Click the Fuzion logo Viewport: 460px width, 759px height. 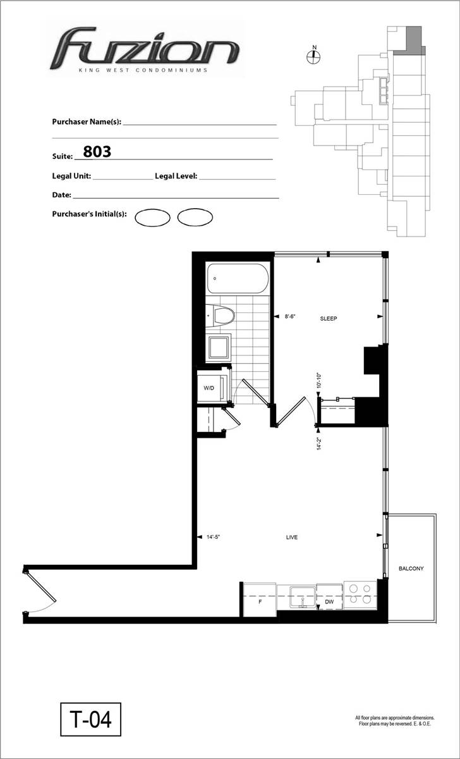click(x=145, y=49)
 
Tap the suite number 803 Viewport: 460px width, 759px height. click(x=97, y=151)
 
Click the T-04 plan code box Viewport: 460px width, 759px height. click(x=91, y=719)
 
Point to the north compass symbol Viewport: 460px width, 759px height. click(x=314, y=56)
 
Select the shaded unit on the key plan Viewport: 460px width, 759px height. click(x=411, y=40)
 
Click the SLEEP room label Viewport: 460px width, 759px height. click(x=329, y=319)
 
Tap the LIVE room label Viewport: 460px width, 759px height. click(x=292, y=537)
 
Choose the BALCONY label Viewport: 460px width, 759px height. click(x=411, y=569)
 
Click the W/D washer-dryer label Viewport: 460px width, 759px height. click(x=209, y=388)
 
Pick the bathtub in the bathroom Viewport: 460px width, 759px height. click(x=238, y=278)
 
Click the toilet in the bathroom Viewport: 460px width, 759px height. click(x=221, y=316)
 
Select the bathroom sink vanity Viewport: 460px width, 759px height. click(x=219, y=348)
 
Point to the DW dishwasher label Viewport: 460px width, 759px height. click(x=329, y=602)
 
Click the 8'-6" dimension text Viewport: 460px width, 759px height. click(x=290, y=316)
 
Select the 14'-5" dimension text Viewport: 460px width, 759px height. click(x=213, y=537)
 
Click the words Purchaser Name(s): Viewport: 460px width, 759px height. click(x=87, y=121)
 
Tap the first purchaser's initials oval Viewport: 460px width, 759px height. click(x=152, y=218)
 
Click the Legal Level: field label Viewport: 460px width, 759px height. click(x=176, y=176)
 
